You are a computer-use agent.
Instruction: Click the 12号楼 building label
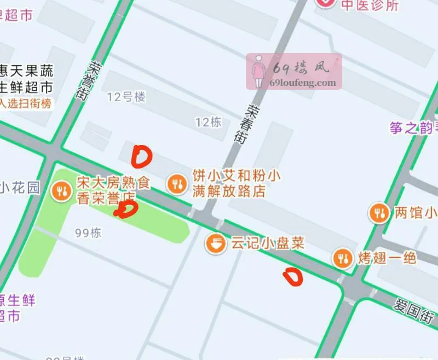pyautogui.click(x=126, y=97)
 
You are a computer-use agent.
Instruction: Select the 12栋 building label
pyautogui.click(x=208, y=122)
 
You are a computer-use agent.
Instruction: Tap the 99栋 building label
pyautogui.click(x=88, y=233)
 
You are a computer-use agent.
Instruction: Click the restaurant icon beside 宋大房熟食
pyautogui.click(x=61, y=190)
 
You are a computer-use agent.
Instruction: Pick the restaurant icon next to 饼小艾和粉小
pyautogui.click(x=176, y=184)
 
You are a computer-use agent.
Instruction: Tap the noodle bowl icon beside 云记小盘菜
pyautogui.click(x=216, y=243)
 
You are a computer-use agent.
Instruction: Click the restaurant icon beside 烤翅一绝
pyautogui.click(x=343, y=258)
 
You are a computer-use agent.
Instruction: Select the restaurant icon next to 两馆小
pyautogui.click(x=378, y=212)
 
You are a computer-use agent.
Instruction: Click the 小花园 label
pyautogui.click(x=20, y=188)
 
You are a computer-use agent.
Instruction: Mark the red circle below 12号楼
pyautogui.click(x=142, y=156)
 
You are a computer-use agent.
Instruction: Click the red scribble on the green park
pyautogui.click(x=126, y=209)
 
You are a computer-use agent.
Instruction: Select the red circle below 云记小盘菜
pyautogui.click(x=293, y=277)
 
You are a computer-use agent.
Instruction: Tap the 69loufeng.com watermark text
pyautogui.click(x=303, y=83)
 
